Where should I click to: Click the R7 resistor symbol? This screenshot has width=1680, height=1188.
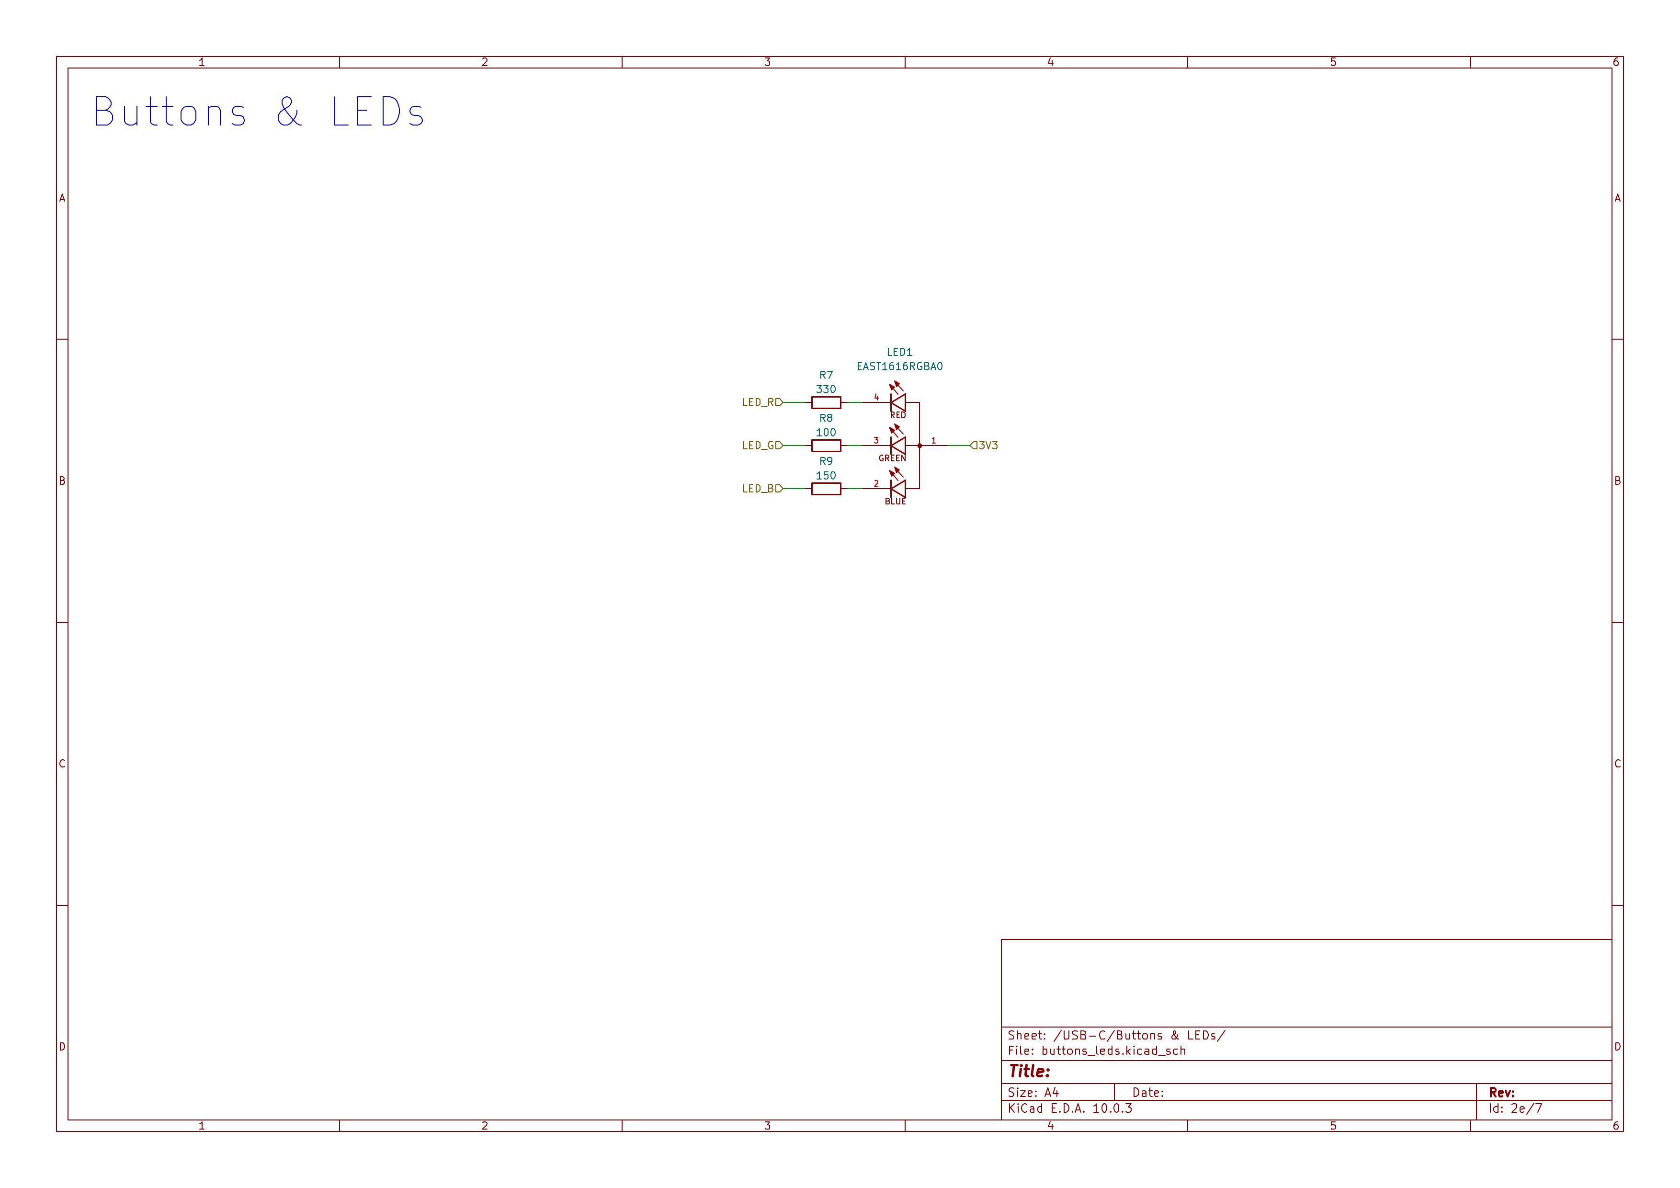826,402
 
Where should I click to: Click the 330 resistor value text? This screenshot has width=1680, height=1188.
826,389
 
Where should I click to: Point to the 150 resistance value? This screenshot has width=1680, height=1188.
826,476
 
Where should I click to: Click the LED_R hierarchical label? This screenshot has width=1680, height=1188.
762,402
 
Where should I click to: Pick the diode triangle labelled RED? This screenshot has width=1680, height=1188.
898,402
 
